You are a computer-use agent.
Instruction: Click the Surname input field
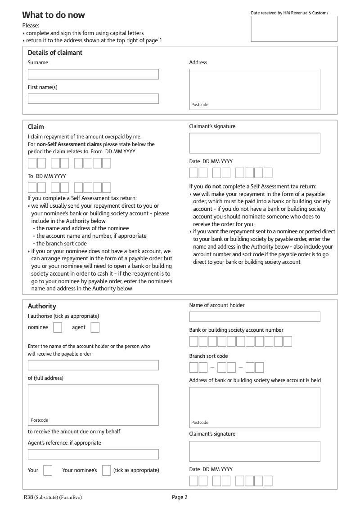pos(93,74)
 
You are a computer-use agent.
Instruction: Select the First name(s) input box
pos(93,98)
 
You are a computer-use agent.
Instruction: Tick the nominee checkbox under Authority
pos(58,328)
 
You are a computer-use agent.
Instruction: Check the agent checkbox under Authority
pos(95,328)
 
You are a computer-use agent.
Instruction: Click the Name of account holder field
pos(255,316)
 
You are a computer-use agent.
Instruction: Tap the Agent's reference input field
pos(93,454)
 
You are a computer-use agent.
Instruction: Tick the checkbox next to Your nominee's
pos(106,470)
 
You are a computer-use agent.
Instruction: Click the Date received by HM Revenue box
pos(294,29)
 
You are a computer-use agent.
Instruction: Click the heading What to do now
pos(54,15)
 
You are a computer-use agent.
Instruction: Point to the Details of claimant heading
pos(55,53)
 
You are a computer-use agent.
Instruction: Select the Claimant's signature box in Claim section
pos(255,143)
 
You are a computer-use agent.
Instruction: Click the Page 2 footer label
pos(180,497)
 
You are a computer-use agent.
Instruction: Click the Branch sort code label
pos(208,356)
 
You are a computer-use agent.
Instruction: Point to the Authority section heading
pos(42,306)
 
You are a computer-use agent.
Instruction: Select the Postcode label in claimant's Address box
pos(200,105)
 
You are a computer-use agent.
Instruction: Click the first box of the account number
pos(193,342)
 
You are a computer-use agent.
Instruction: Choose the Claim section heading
pos(36,127)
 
